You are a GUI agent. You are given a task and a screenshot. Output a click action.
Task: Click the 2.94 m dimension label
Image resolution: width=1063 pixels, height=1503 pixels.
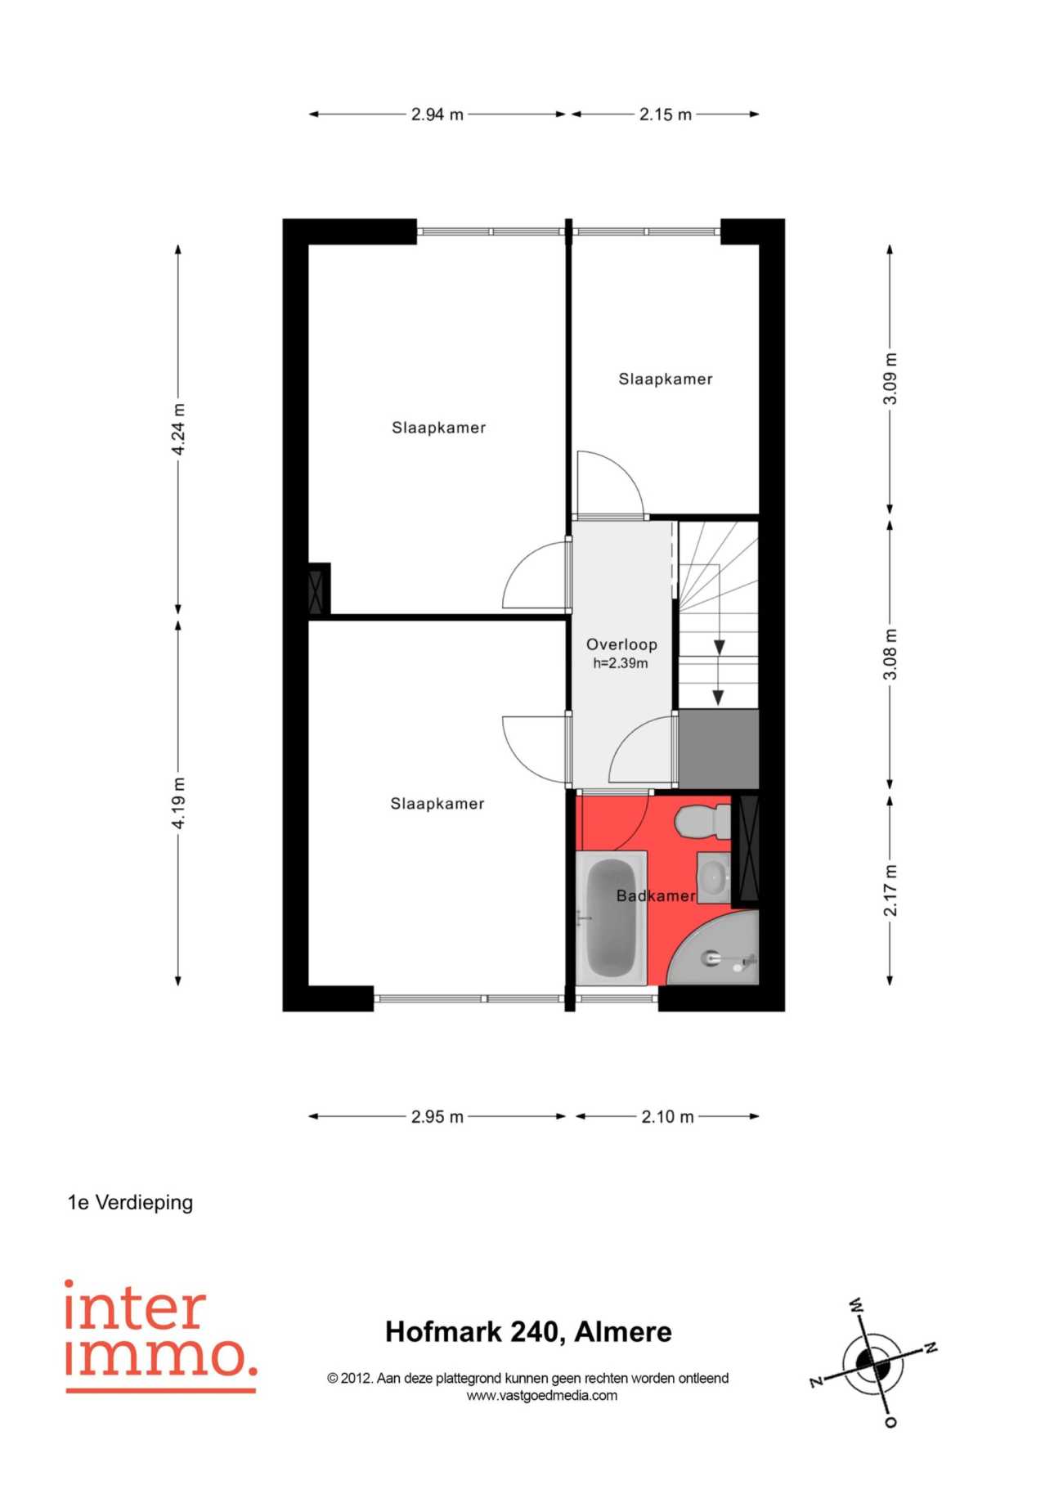click(437, 114)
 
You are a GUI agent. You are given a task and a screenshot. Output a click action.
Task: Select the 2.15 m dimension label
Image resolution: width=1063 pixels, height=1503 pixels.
click(666, 114)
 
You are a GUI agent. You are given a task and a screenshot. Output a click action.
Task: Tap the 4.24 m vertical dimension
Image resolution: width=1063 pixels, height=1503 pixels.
click(178, 429)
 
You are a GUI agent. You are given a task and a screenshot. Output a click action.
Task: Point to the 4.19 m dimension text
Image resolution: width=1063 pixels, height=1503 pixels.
click(178, 802)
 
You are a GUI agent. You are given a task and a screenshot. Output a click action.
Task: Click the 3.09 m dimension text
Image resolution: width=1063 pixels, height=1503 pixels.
click(890, 379)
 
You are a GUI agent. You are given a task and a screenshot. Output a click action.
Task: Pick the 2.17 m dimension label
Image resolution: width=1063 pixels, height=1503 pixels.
click(890, 890)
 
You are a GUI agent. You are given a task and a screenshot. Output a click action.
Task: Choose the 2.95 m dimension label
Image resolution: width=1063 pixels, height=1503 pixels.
click(437, 1116)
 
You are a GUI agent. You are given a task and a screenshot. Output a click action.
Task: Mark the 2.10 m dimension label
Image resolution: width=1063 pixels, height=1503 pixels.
click(667, 1116)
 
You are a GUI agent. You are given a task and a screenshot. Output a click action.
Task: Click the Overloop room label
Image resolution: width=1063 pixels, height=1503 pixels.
click(621, 644)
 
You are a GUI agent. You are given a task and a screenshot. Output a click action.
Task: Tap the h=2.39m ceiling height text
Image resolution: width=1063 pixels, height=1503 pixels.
click(621, 663)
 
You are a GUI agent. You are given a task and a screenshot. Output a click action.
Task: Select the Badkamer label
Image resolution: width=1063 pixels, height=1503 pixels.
click(656, 895)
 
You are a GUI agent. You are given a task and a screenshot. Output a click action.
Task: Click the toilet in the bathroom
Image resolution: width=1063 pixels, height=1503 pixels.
click(704, 821)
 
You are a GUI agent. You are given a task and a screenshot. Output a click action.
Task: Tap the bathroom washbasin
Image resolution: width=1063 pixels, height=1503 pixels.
click(714, 877)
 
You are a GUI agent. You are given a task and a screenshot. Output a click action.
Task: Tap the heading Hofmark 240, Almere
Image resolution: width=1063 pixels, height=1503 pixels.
click(528, 1332)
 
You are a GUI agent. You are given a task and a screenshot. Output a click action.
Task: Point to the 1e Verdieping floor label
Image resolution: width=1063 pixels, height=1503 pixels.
click(130, 1203)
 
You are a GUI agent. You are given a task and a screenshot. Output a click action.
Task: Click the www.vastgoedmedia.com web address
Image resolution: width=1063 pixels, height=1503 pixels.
click(542, 1396)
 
